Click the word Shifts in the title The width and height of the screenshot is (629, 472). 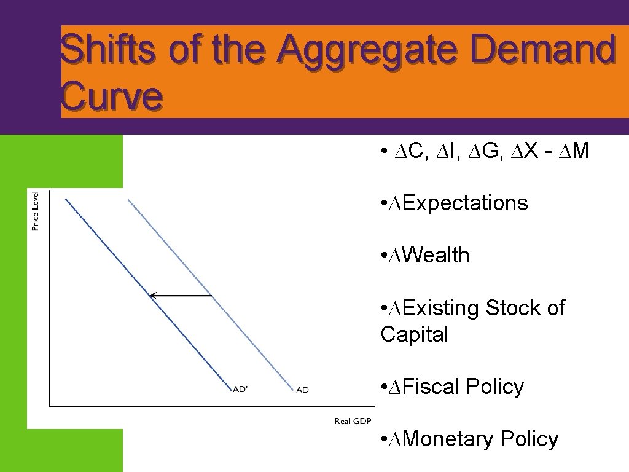pyautogui.click(x=108, y=49)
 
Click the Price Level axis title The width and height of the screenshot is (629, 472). pyautogui.click(x=36, y=211)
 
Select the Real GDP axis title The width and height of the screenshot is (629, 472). pyautogui.click(x=353, y=421)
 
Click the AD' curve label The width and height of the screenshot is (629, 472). pyautogui.click(x=240, y=389)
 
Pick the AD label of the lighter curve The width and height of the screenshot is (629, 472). pyautogui.click(x=302, y=390)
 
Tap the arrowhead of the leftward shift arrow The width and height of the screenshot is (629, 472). pyautogui.click(x=154, y=296)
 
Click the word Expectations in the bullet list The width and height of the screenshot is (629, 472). pyautogui.click(x=466, y=203)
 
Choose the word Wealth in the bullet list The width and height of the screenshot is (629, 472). pyautogui.click(x=437, y=255)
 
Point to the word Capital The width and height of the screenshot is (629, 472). pyautogui.click(x=414, y=334)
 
